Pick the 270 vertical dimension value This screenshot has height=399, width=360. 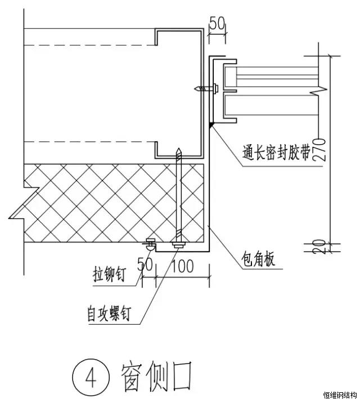coord(319,149)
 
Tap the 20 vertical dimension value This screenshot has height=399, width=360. coord(319,246)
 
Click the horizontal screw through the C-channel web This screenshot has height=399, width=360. coord(205,88)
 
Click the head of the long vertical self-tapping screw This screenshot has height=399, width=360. coord(178,245)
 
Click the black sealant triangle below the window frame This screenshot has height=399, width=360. coord(210,125)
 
